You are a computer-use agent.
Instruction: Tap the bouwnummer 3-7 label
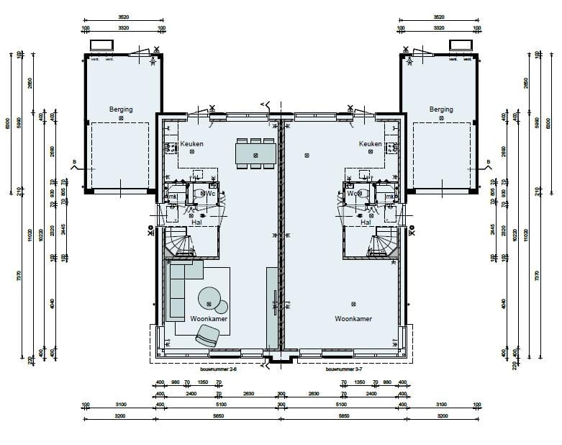tap(343, 369)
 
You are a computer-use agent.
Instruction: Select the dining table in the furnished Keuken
tap(255, 153)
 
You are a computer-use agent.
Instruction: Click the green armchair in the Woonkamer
tap(207, 335)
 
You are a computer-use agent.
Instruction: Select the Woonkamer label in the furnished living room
tap(209, 318)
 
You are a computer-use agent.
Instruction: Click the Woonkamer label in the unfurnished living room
tap(353, 318)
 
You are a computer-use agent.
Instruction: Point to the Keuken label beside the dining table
tap(191, 144)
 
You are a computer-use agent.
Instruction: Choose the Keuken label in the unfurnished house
tap(370, 144)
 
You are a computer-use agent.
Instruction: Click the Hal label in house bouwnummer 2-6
tap(196, 223)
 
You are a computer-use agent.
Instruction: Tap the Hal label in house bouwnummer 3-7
tap(366, 223)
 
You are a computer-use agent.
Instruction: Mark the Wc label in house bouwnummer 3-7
tap(353, 194)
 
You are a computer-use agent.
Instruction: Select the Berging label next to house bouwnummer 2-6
tap(121, 109)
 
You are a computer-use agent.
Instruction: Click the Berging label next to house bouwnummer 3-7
tap(441, 109)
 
